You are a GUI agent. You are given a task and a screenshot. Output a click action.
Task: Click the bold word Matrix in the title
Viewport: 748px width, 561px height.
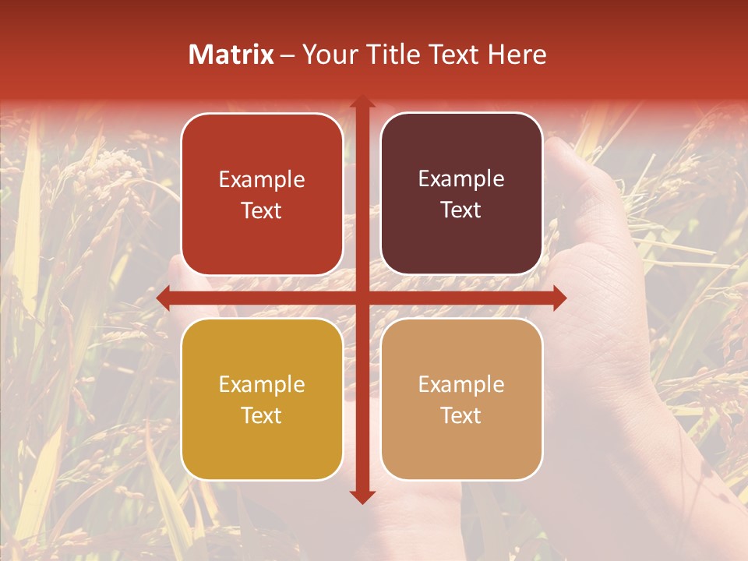click(x=231, y=55)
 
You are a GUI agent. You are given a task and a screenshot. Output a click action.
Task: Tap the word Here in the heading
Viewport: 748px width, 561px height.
click(x=517, y=55)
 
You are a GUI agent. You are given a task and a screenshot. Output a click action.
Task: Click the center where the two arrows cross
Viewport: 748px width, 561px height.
click(x=362, y=298)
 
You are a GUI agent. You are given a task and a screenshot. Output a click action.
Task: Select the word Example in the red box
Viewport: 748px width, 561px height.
click(x=262, y=180)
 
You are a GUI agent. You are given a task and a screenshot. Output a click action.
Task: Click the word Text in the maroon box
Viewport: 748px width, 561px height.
click(x=461, y=210)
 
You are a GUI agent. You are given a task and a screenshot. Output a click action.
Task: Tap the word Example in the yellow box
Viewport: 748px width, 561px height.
click(x=262, y=385)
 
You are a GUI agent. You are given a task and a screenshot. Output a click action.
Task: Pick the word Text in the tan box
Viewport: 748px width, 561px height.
click(x=461, y=415)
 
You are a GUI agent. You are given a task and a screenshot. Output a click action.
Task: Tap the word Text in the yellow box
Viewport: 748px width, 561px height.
click(x=262, y=415)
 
